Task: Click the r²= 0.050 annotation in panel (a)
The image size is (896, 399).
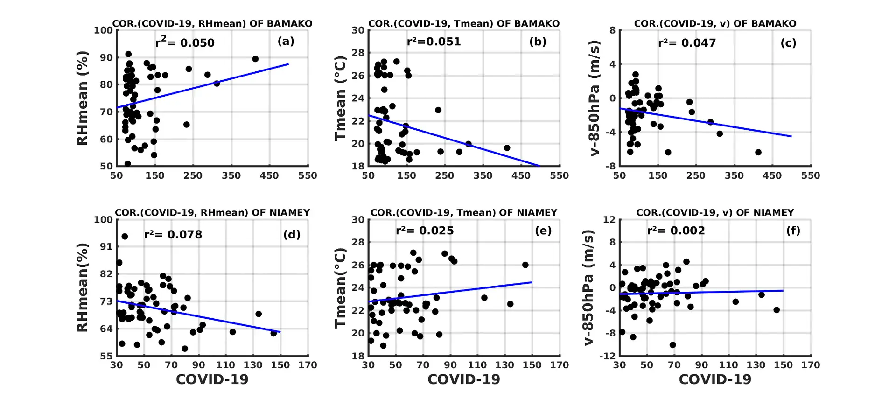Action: (185, 42)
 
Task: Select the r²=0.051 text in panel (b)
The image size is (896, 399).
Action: (434, 42)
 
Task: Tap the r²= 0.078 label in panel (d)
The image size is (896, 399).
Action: (173, 234)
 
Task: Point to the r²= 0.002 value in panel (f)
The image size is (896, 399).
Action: (676, 231)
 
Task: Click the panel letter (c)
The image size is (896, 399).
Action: (788, 43)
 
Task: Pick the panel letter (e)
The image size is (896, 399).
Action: (543, 231)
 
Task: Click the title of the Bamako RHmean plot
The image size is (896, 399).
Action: (212, 23)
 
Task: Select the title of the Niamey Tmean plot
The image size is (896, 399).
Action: (464, 213)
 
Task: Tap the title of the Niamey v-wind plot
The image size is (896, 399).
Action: (715, 213)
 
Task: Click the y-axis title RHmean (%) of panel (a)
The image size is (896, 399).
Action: (82, 98)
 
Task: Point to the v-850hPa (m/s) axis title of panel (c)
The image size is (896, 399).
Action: (595, 98)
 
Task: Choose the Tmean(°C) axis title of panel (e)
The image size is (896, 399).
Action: (340, 287)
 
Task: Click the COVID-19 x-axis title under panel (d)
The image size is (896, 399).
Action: (212, 379)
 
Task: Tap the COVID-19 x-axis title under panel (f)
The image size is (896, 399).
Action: (715, 379)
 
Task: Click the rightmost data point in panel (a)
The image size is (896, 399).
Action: (255, 59)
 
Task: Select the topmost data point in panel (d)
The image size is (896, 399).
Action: (125, 237)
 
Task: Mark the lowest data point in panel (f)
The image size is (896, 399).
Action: (672, 345)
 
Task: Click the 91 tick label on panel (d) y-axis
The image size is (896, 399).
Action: (107, 246)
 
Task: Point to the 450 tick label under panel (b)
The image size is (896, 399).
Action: (521, 175)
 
